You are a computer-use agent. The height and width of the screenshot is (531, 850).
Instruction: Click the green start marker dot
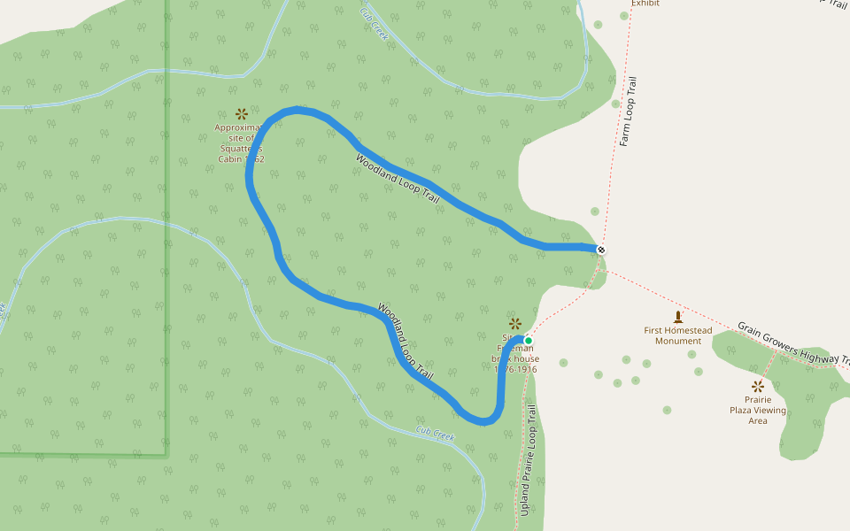pyautogui.click(x=529, y=341)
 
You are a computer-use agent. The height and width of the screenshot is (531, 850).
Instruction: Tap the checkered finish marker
pyautogui.click(x=601, y=250)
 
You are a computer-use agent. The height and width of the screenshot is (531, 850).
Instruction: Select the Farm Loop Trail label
pyautogui.click(x=629, y=111)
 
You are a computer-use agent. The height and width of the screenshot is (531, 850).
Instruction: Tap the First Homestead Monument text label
pyautogui.click(x=678, y=335)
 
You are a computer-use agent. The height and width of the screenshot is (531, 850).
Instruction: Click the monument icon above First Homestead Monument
pyautogui.click(x=678, y=316)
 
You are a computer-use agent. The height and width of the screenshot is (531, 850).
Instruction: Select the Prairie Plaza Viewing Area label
pyautogui.click(x=758, y=410)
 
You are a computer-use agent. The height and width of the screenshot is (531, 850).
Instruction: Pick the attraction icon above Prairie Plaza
pyautogui.click(x=758, y=386)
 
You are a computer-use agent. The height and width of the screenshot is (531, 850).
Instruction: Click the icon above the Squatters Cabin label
pyautogui.click(x=241, y=113)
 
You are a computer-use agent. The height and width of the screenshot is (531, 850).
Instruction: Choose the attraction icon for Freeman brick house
pyautogui.click(x=515, y=323)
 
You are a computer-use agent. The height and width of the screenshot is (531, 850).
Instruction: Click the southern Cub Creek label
pyautogui.click(x=435, y=434)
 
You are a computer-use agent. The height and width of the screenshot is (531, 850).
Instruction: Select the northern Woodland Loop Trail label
pyautogui.click(x=398, y=180)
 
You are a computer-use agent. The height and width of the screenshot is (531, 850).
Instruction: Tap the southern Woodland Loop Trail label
pyautogui.click(x=406, y=342)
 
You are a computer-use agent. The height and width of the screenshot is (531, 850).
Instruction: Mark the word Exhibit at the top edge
pyautogui.click(x=645, y=4)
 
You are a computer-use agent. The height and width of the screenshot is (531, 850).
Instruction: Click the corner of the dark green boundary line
pyautogui.click(x=166, y=455)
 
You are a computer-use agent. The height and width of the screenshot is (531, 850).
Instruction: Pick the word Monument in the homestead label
pyautogui.click(x=678, y=341)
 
